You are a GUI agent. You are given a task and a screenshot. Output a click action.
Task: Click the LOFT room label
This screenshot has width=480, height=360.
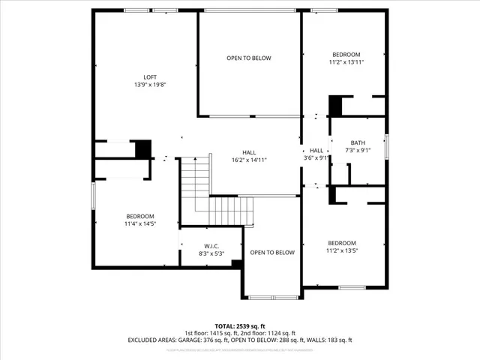coord(150,76)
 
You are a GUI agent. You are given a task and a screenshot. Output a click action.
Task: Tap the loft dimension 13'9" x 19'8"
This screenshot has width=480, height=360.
coord(150,85)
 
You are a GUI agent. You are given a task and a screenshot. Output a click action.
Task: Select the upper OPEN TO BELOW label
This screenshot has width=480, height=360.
coord(249,58)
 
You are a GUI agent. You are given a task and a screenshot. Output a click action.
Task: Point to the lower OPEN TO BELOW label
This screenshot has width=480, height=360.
coord(272,253)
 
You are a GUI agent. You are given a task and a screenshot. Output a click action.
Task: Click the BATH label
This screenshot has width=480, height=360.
coord(358,143)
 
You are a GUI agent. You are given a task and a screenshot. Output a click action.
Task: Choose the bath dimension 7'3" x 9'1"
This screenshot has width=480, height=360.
coord(358,151)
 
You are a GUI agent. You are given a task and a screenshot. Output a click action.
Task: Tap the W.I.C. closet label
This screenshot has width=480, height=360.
coord(211,246)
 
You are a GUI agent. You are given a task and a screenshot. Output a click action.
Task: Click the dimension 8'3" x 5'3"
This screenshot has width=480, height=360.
coord(211,253)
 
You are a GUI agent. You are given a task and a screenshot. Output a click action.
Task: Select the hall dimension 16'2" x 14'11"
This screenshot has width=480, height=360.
coord(249,160)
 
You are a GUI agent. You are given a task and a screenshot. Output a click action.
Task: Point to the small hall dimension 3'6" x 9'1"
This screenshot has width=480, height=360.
coord(316,158)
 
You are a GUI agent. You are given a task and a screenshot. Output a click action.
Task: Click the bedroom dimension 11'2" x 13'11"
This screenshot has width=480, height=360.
coord(346,62)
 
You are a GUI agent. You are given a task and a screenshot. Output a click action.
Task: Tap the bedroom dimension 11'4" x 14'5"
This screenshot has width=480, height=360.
coord(139,223)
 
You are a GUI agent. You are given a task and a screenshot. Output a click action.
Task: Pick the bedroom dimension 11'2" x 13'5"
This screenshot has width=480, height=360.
coord(341,250)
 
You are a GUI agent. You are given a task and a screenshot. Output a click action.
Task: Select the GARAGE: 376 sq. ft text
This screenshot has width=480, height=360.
coord(213,340)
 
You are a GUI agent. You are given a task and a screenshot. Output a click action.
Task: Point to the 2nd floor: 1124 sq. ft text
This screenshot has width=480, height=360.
coord(268,333)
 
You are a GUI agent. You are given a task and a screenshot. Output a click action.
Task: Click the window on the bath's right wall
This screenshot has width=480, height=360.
coord(387,145)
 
